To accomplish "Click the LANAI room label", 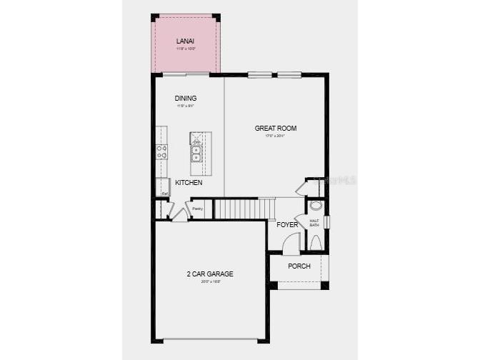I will (186, 41).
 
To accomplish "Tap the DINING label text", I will (186, 98).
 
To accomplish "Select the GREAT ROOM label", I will (276, 129).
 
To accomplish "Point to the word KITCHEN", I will (189, 183).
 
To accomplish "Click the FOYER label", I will (287, 225).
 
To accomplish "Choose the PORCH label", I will (299, 266).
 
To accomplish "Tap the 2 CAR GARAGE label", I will (210, 274).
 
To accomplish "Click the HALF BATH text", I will (314, 223).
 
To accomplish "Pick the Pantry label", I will (198, 209).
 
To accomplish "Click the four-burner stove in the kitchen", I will (162, 151).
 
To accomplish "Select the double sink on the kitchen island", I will (195, 154).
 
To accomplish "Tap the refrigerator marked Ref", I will (164, 187).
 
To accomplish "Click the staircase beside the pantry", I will (244, 209).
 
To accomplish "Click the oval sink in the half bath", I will (316, 206).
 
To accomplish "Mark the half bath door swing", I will (301, 221).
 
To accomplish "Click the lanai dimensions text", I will (186, 49).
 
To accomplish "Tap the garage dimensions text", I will (210, 281).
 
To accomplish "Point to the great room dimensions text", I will (276, 136).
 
